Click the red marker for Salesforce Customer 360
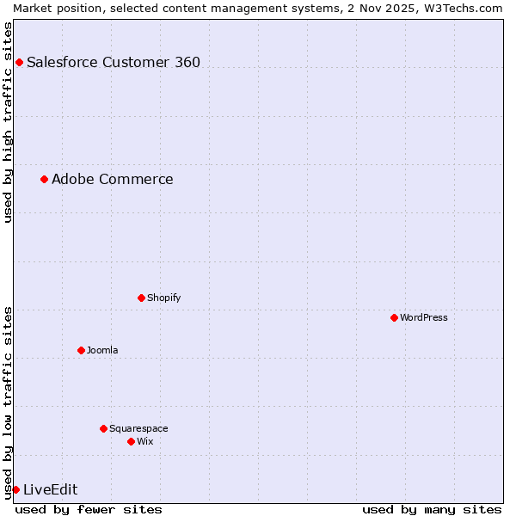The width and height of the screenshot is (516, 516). coord(19,62)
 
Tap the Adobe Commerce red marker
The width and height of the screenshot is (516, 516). coord(44,179)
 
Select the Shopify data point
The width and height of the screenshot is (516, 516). coord(141,298)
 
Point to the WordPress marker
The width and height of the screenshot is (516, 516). coord(394,317)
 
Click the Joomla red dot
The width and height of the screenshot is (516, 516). coord(81,350)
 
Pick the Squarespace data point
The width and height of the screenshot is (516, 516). coord(103,428)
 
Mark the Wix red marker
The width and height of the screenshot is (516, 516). coord(131,441)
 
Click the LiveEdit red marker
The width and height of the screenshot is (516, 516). coord(15,489)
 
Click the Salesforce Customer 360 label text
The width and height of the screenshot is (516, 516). coord(114,62)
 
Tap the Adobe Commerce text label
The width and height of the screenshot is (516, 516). coord(112,179)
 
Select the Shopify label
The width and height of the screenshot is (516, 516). coord(163,298)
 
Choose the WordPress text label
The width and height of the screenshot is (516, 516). coord(423,317)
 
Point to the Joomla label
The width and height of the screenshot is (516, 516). coord(102,350)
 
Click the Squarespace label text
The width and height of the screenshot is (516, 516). coord(138,428)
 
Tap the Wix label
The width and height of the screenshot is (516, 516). coord(144,441)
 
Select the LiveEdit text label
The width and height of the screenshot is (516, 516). coord(50,489)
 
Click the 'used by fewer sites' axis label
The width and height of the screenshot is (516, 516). coord(89,509)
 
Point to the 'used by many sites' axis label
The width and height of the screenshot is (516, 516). coord(432,509)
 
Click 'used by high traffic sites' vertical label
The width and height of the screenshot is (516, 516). coord(8,122)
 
